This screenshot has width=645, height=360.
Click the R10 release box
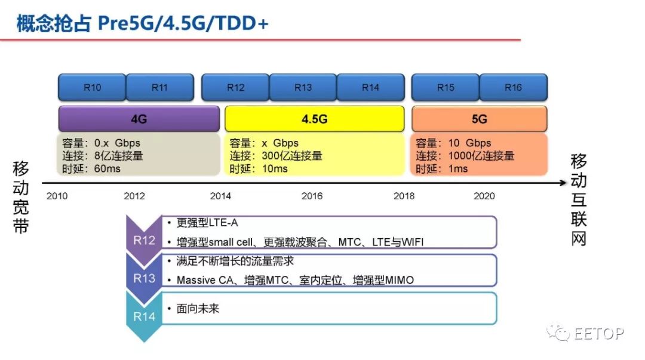[92, 88]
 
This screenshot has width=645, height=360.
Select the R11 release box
[159, 88]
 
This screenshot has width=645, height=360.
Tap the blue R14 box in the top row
[370, 88]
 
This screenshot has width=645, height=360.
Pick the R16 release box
[513, 88]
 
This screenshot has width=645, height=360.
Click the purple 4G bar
[139, 119]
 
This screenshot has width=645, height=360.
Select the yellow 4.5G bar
[314, 119]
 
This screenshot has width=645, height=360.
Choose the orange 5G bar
[479, 119]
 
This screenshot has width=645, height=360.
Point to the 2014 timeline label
[221, 196]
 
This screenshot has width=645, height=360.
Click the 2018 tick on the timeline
[404, 196]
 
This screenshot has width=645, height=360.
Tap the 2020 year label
[484, 196]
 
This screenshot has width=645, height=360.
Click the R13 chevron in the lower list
[144, 278]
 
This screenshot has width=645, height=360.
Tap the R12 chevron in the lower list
[144, 241]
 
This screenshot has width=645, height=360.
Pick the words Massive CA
[207, 280]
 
